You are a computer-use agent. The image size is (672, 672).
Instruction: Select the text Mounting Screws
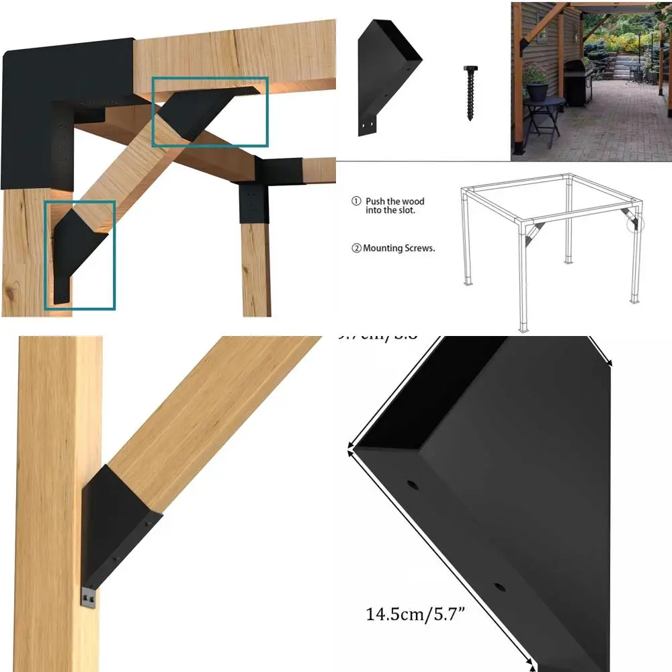[399, 248]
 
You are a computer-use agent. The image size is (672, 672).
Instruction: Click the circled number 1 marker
[357, 201]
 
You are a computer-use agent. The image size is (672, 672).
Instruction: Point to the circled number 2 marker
[356, 248]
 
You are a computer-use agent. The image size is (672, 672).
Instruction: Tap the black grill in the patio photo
[575, 81]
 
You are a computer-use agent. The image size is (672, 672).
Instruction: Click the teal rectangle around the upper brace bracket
[210, 112]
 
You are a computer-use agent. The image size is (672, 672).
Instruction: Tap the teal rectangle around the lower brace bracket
[80, 255]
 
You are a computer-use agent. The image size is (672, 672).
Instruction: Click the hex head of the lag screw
[469, 69]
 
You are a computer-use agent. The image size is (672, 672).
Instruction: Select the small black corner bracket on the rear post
[251, 195]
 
